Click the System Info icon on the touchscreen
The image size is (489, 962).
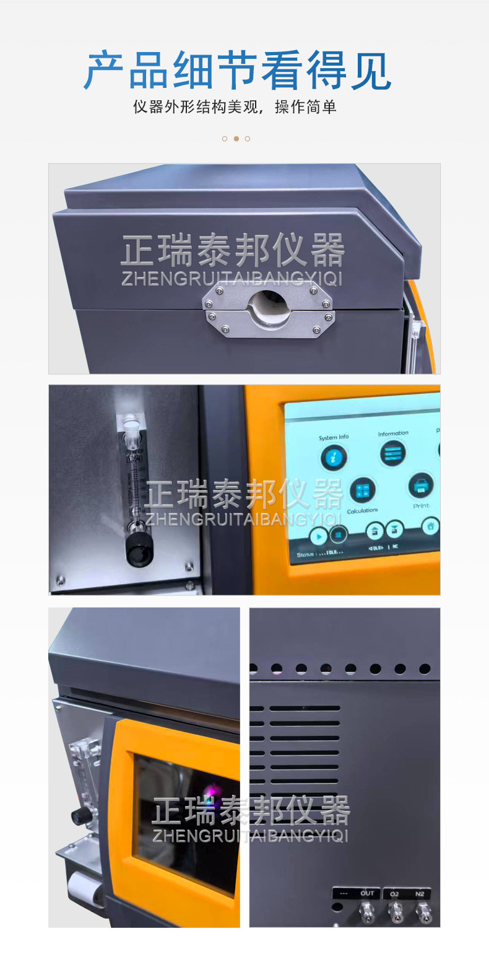(x=333, y=458)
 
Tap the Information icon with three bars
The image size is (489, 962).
(x=392, y=453)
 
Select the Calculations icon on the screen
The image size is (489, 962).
(x=363, y=491)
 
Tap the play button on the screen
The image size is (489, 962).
(x=319, y=537)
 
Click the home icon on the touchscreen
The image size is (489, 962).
(x=430, y=527)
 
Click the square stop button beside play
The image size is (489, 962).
(x=338, y=534)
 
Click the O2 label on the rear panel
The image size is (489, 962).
(x=394, y=893)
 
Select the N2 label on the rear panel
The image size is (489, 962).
(x=420, y=893)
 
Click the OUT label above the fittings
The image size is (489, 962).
(x=367, y=893)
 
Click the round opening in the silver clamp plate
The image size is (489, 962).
(x=267, y=305)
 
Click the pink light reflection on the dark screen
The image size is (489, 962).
(x=214, y=791)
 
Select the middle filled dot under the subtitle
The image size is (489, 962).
(x=236, y=139)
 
